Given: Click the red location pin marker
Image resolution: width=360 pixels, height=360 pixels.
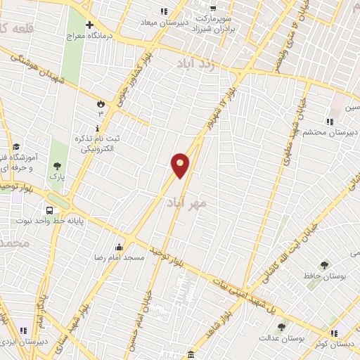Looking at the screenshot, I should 180,165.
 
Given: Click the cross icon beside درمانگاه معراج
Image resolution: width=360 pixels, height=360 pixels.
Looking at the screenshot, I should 89,23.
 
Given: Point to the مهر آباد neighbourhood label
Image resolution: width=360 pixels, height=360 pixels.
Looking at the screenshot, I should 186,202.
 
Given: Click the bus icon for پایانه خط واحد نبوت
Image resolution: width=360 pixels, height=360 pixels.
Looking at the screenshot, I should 49,210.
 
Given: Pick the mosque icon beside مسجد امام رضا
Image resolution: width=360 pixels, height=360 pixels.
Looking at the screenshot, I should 119,247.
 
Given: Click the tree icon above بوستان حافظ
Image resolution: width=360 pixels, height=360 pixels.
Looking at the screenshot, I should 323,265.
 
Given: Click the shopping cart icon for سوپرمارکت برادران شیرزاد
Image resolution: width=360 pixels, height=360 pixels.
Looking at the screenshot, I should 212,8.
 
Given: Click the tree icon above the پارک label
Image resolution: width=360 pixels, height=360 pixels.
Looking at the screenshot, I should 57,167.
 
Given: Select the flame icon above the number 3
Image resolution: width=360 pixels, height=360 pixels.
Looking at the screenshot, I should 100,103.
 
